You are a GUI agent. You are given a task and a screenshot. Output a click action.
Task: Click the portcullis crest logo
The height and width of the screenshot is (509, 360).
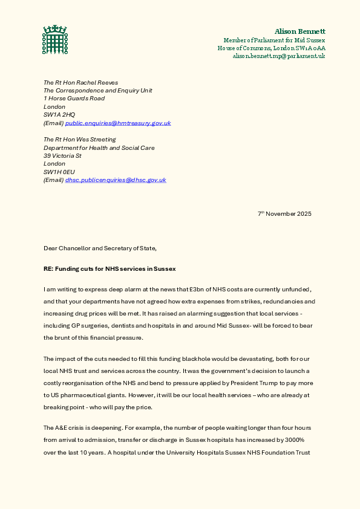(54, 39)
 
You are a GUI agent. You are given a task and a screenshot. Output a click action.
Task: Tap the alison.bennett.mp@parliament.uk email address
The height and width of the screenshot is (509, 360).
(279, 56)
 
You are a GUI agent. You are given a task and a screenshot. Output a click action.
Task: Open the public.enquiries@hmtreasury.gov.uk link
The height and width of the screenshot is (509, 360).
(118, 123)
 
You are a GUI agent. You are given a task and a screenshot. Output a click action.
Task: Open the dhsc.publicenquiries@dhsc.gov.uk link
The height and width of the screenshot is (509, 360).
(116, 180)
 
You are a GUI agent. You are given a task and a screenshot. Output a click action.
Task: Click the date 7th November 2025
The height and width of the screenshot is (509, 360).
(284, 214)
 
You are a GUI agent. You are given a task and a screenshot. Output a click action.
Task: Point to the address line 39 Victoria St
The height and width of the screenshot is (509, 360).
(63, 155)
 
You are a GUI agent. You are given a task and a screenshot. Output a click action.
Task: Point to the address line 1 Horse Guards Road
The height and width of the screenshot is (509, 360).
(74, 98)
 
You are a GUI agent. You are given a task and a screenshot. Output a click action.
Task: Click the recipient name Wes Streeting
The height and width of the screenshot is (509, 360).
(99, 139)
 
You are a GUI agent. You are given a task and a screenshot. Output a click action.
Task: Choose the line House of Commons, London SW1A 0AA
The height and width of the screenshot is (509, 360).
(271, 48)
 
